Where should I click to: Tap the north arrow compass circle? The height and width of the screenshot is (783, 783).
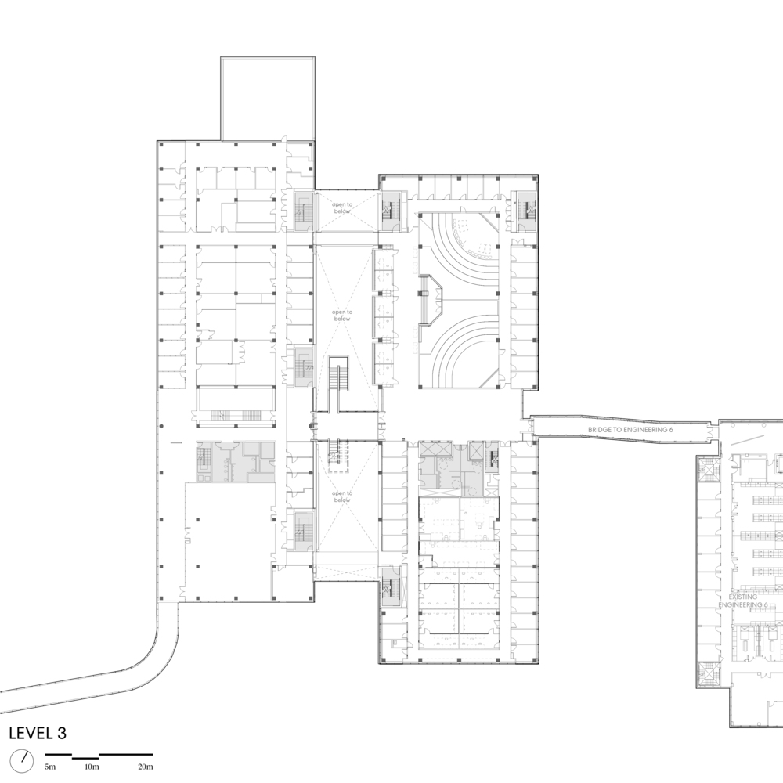tap(22, 759)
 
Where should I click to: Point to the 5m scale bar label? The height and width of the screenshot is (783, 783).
tap(50, 767)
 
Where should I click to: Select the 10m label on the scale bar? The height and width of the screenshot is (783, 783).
tap(92, 767)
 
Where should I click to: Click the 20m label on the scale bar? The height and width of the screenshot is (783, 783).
tap(145, 767)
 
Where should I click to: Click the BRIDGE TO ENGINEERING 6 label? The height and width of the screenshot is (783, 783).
tap(631, 430)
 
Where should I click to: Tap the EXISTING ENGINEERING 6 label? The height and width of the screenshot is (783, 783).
tap(738, 601)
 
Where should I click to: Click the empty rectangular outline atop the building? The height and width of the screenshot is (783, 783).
tap(267, 98)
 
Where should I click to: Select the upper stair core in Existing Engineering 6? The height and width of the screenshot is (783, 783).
tap(709, 469)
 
